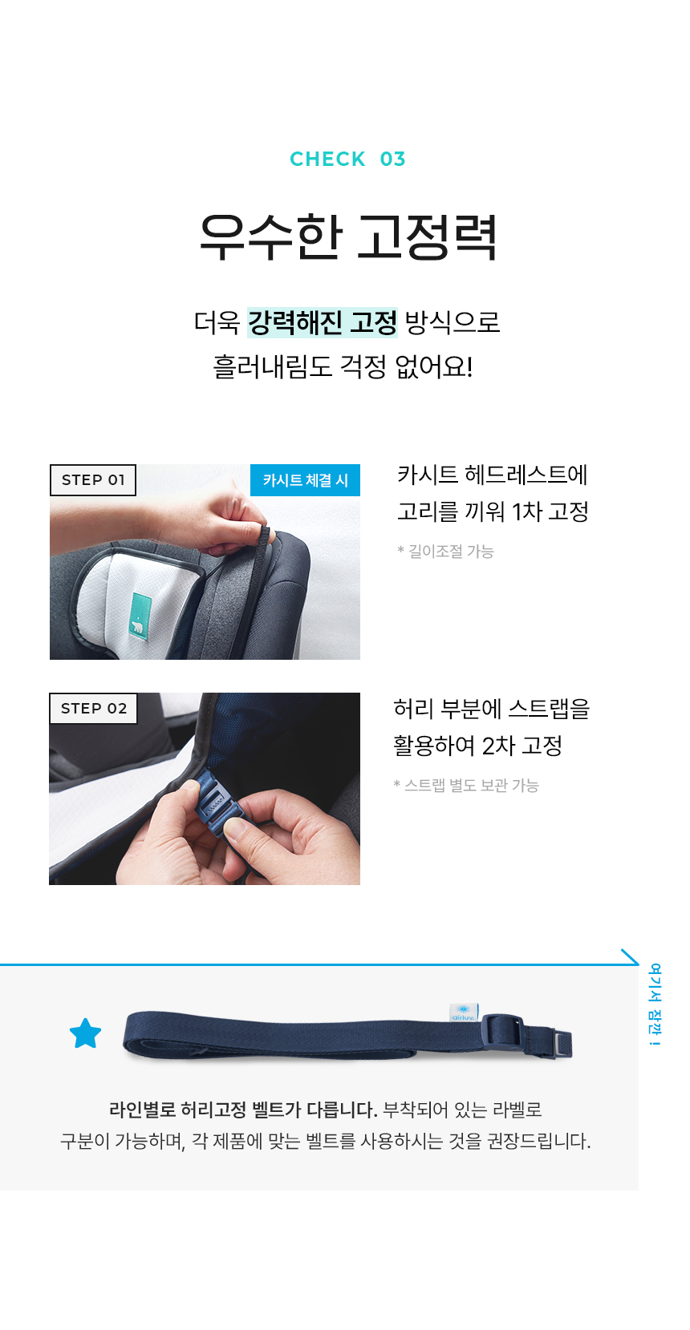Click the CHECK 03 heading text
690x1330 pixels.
point(347,159)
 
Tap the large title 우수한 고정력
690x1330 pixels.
point(348,237)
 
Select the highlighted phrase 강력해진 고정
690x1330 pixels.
point(322,322)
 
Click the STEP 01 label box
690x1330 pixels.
point(93,479)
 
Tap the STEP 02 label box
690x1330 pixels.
point(93,709)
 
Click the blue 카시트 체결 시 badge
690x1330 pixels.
point(305,479)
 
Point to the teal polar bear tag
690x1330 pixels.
point(140,615)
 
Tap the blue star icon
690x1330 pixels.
point(86,1033)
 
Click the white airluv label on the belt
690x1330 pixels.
point(464,1013)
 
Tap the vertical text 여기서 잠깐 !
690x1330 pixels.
point(655,1005)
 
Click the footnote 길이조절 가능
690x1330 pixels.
point(446,552)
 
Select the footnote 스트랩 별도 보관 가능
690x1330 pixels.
point(466,786)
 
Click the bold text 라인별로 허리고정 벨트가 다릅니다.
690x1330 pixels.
point(243,1109)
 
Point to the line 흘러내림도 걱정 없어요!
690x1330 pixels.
point(343,366)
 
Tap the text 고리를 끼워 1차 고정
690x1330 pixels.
point(493,511)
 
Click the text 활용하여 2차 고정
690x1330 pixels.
point(477,746)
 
